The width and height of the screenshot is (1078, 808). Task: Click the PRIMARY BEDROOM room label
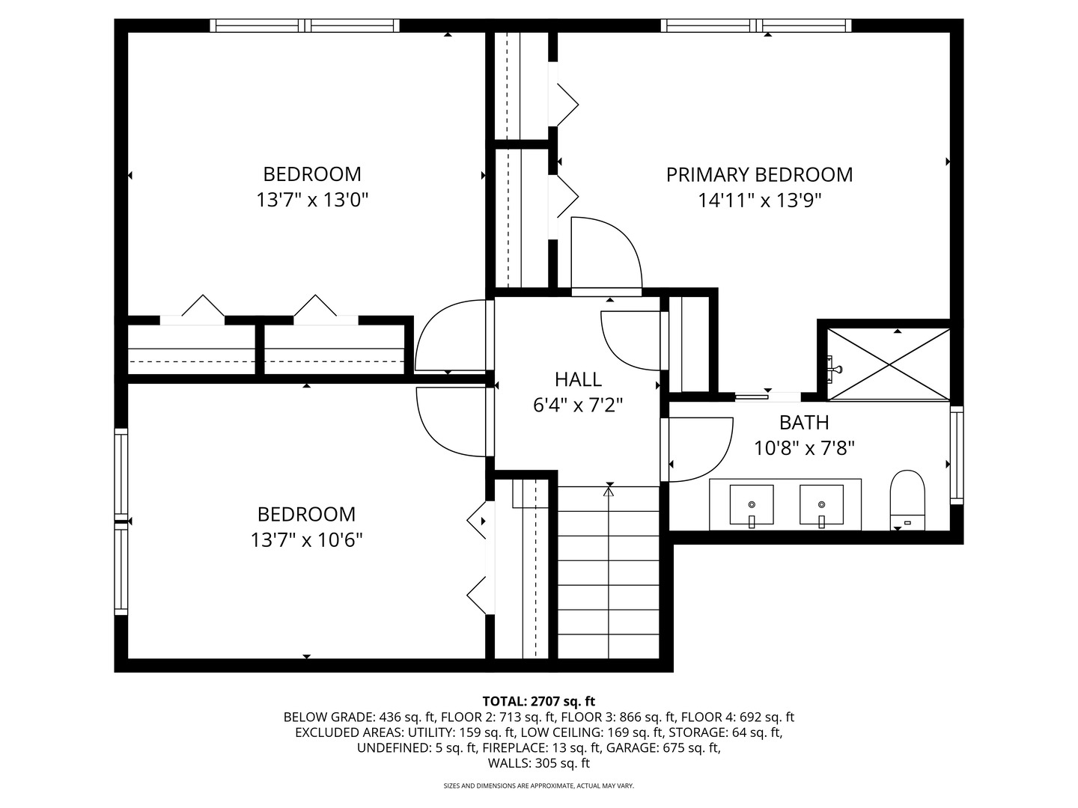[x=759, y=174]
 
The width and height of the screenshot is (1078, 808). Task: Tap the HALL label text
[x=578, y=379]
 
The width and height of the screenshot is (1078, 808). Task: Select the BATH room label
[x=805, y=423]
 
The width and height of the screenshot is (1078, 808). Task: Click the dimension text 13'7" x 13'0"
[x=312, y=201]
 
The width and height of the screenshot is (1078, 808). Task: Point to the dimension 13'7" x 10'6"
[x=307, y=541]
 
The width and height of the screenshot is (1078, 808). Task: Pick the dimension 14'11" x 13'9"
[x=760, y=201]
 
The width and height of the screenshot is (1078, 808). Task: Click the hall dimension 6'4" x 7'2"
[x=578, y=405]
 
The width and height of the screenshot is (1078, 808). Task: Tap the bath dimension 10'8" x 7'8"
[x=805, y=448]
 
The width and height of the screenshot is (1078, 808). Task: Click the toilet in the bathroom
[x=907, y=500]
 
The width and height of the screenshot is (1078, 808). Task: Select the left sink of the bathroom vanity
[x=752, y=505]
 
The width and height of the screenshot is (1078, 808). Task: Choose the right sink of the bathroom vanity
[x=821, y=505]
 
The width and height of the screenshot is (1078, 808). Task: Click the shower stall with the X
[x=889, y=364]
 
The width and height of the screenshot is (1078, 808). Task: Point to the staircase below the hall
[x=609, y=572]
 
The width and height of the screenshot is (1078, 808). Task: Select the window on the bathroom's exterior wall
[x=957, y=455]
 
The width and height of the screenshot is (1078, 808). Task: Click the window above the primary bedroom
[x=756, y=25]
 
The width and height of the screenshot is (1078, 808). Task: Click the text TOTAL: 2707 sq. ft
[x=539, y=701]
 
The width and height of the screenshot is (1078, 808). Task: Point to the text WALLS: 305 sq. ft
[x=539, y=763]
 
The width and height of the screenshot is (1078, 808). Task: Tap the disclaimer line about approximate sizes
[x=539, y=786]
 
